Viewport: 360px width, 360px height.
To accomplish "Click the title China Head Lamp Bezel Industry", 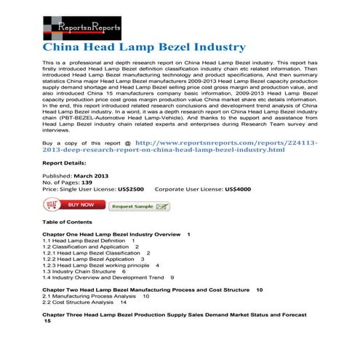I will [x=143, y=47].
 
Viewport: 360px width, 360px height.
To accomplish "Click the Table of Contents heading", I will [x=67, y=221].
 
